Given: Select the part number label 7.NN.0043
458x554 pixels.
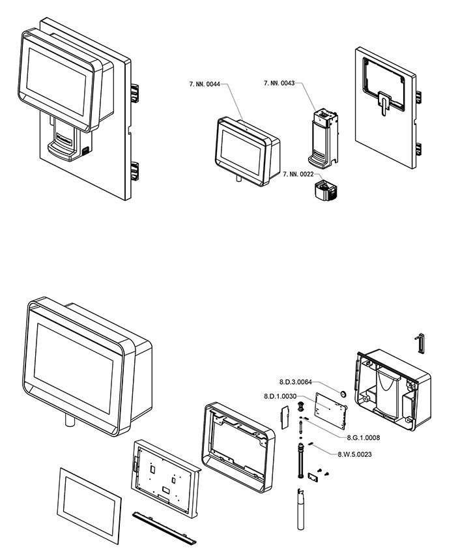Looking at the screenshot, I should (x=279, y=83).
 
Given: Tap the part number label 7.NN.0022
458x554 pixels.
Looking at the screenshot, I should (x=298, y=174).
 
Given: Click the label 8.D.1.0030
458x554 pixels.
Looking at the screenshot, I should (x=280, y=396).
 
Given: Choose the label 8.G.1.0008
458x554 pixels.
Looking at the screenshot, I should (x=364, y=437).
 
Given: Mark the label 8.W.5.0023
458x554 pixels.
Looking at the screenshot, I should (x=355, y=454).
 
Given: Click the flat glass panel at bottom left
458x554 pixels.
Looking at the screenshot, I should (x=90, y=503).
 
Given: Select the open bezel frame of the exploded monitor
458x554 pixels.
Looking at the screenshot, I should (x=238, y=444).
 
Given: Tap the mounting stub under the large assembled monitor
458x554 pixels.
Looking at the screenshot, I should (x=70, y=422).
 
